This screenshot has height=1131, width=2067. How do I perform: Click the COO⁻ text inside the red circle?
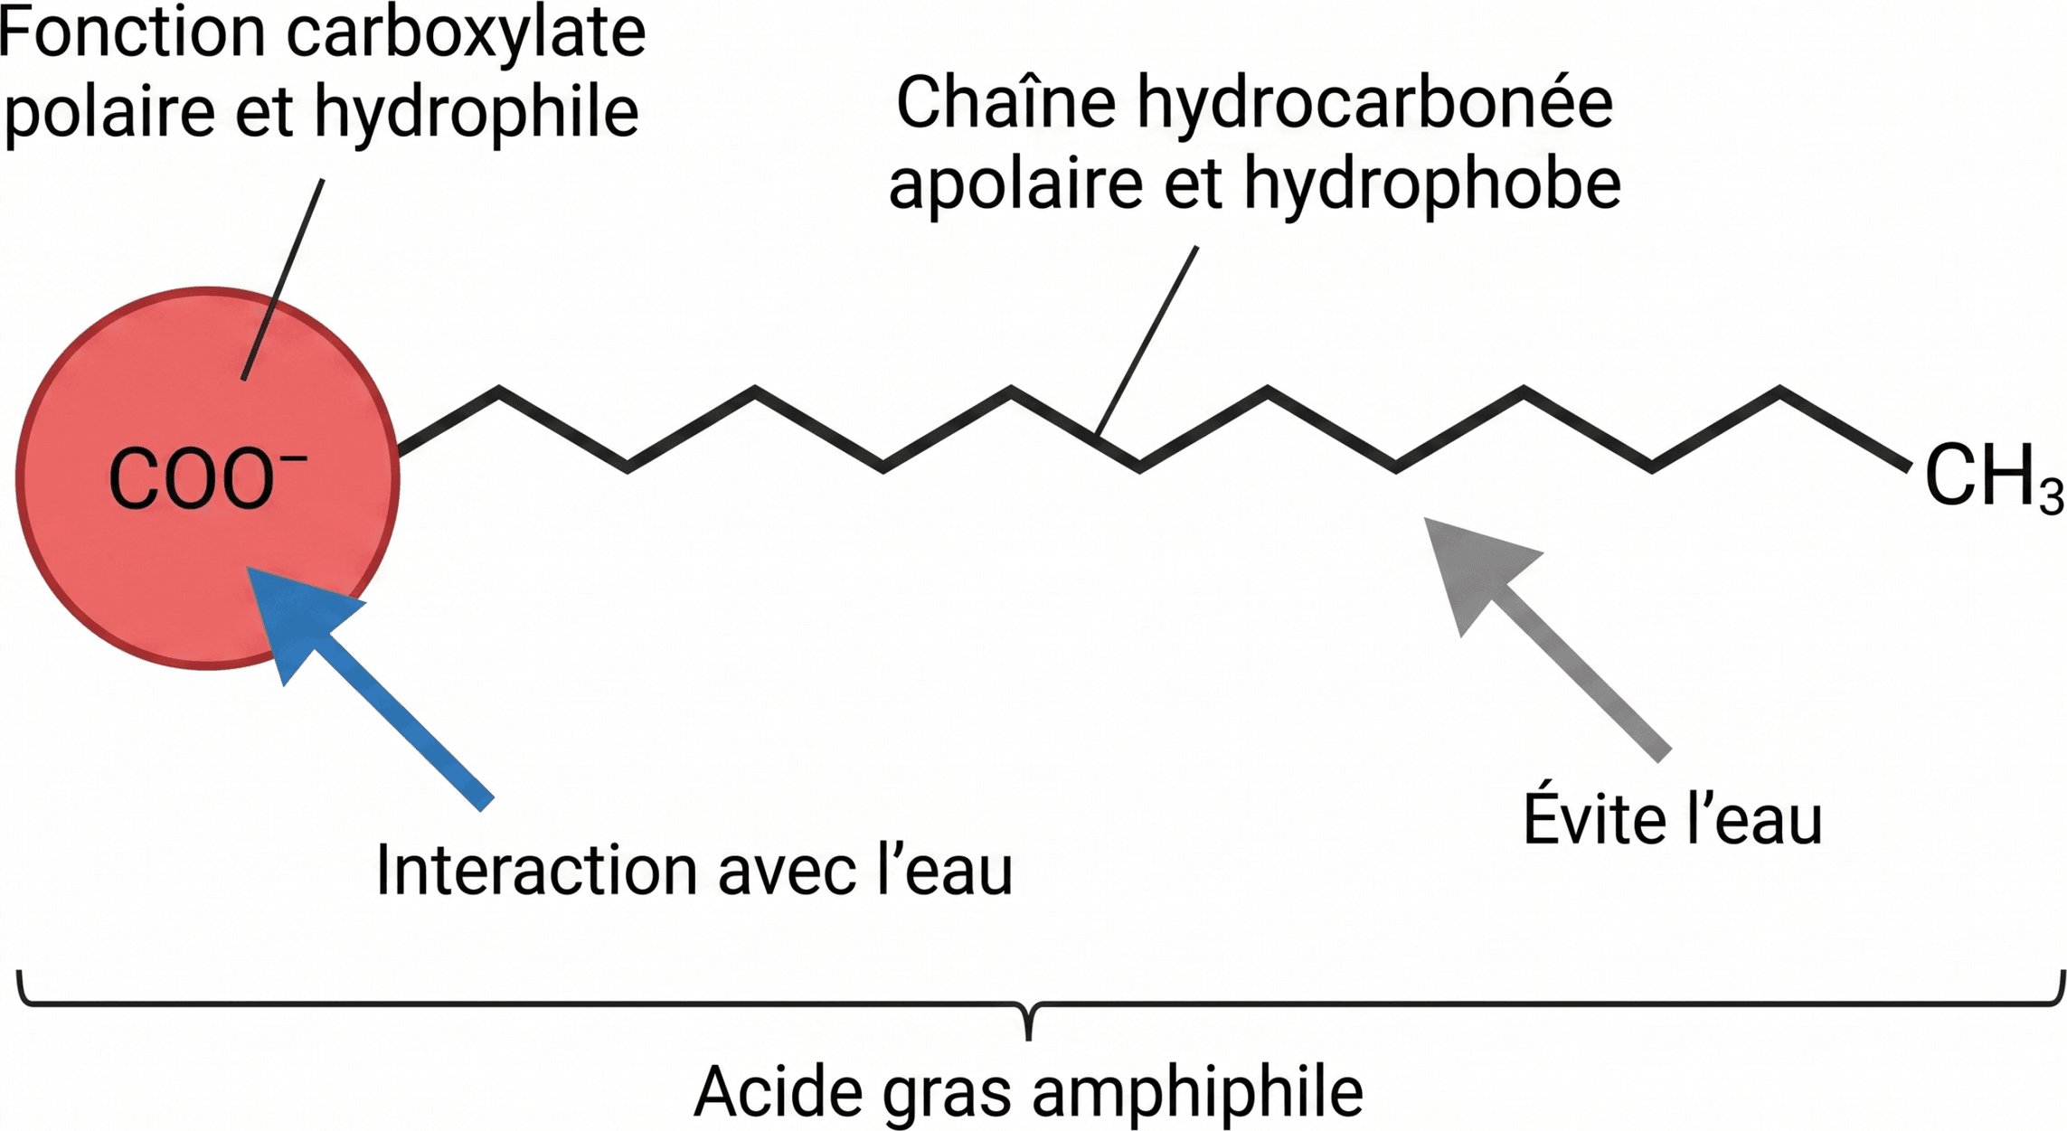[208, 477]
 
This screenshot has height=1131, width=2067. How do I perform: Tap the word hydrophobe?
[1433, 184]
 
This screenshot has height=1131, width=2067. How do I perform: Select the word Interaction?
[537, 871]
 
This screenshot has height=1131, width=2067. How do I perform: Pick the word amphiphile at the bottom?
[1197, 1091]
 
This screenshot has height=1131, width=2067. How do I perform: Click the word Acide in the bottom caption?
[779, 1091]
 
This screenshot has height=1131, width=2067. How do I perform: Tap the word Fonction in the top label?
[133, 33]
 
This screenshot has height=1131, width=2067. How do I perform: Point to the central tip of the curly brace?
[1028, 1039]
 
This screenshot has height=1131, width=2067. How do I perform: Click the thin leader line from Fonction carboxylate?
[282, 279]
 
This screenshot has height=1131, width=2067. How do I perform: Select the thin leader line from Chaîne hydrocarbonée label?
[1147, 341]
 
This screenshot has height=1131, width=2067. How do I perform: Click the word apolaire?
[1017, 184]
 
